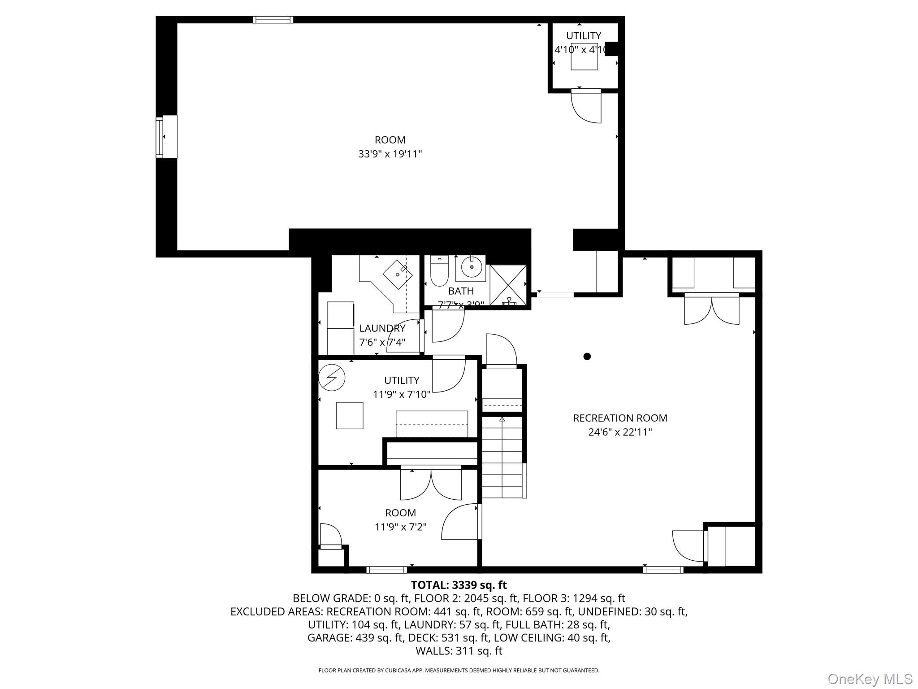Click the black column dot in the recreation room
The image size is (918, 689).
[587, 357]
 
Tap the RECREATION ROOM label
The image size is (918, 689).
[620, 418]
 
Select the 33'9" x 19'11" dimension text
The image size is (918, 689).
[390, 154]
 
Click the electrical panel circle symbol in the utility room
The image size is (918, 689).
[332, 378]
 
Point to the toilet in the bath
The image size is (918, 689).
[439, 271]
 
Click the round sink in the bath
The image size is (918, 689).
[471, 268]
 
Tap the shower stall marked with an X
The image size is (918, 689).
[508, 285]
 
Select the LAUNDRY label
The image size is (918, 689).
[382, 328]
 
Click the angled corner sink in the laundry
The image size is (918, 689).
[398, 274]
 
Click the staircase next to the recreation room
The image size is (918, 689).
[502, 458]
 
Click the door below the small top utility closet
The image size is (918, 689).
[586, 106]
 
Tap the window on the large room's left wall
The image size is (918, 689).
[160, 137]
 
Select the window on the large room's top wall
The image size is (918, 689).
[273, 20]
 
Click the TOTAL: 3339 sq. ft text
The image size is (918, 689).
[459, 585]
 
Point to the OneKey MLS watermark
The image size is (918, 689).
[870, 679]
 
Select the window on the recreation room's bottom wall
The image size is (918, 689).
[663, 570]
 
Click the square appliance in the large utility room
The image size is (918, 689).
[350, 416]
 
